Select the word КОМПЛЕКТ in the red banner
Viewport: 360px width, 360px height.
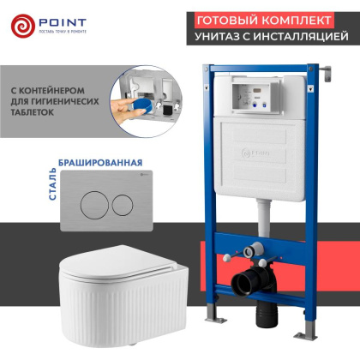tap(303, 18)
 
